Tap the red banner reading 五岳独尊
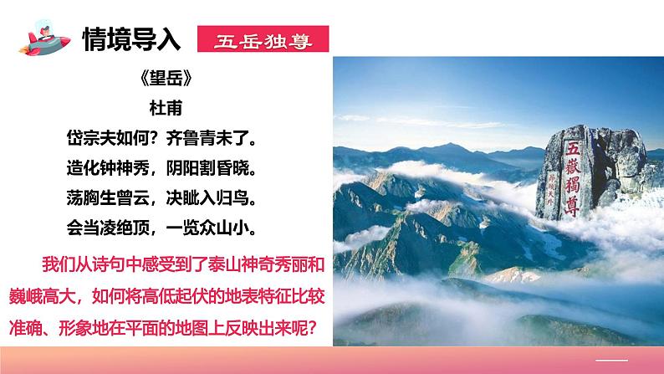pos(262,38)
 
